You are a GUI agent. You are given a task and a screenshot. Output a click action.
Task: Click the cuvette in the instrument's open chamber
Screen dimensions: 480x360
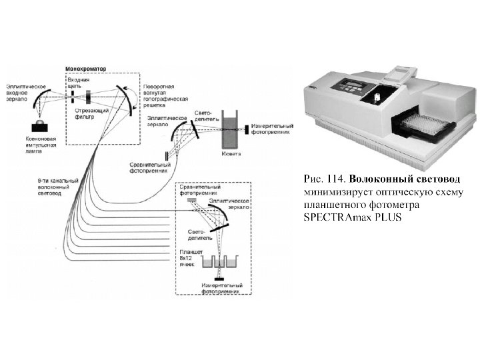(x=377, y=97)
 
